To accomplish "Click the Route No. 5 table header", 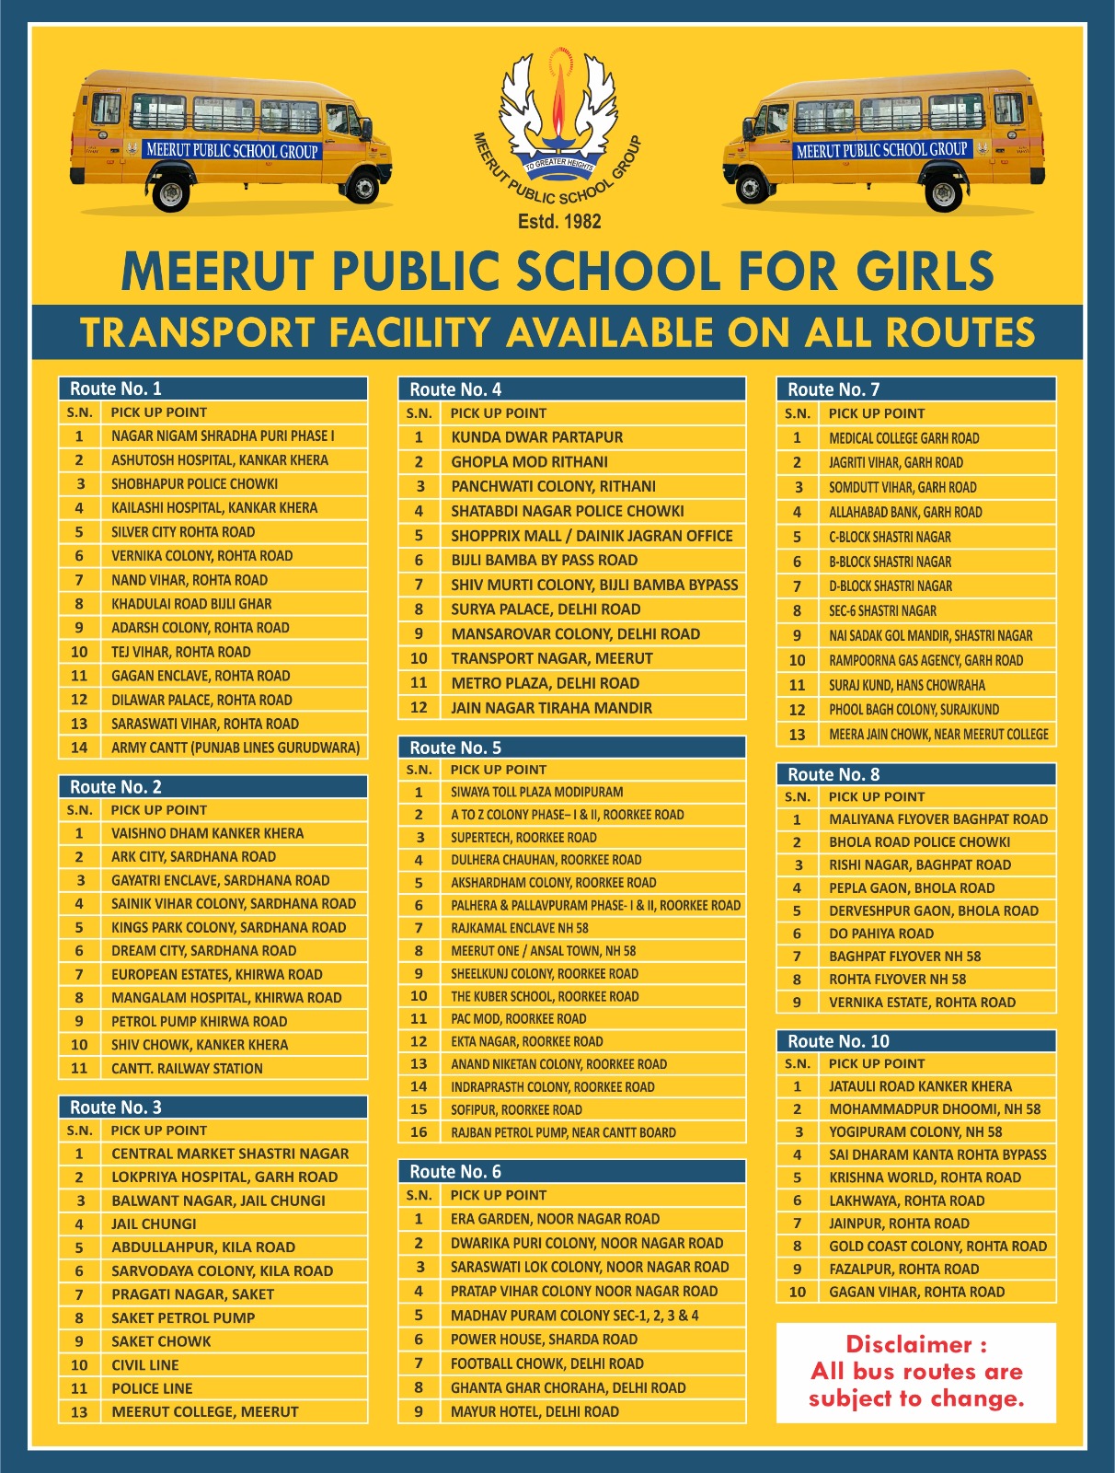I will [x=455, y=748].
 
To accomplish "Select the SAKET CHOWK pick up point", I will [x=161, y=1341].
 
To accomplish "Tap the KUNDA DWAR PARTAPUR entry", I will [x=536, y=437].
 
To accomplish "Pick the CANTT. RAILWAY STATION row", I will [x=187, y=1068].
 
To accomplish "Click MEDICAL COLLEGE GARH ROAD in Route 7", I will [x=903, y=438].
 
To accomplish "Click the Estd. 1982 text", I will [x=559, y=221].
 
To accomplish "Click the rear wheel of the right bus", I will [x=945, y=193].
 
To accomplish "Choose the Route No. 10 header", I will [x=838, y=1041].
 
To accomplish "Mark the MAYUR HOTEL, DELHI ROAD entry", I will [x=535, y=1411].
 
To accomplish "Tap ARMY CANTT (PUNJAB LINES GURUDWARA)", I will [x=236, y=748].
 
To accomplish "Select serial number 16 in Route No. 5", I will [x=419, y=1132].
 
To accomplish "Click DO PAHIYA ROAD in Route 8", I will [x=880, y=934].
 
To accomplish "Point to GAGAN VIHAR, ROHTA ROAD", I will [x=916, y=1292].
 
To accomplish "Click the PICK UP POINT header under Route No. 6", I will [x=498, y=1195].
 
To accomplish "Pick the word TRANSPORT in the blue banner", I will [x=197, y=333].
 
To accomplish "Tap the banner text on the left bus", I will [x=232, y=150].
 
